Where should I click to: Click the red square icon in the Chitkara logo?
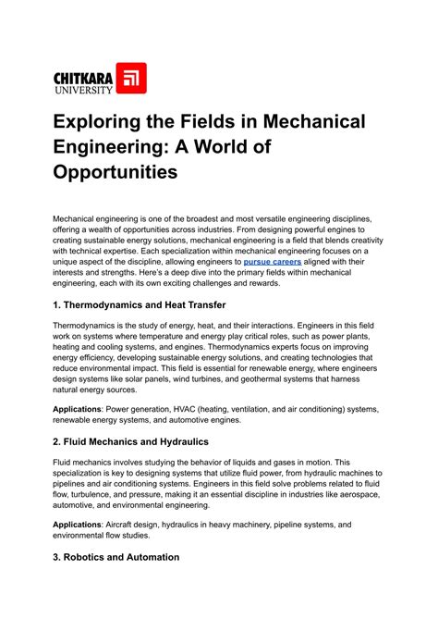[129, 79]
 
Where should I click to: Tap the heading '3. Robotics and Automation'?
[116, 558]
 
